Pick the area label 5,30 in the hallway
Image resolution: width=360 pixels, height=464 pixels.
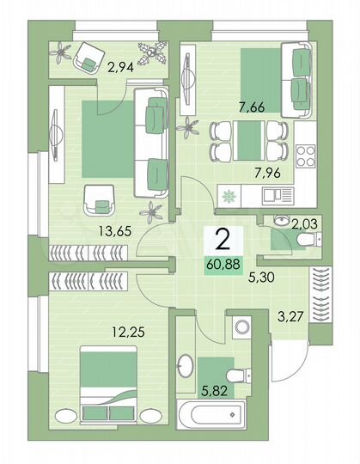pos(262,278)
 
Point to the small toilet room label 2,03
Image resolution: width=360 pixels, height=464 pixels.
pos(306,225)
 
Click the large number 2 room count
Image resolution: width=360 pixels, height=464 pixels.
pos(223,238)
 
